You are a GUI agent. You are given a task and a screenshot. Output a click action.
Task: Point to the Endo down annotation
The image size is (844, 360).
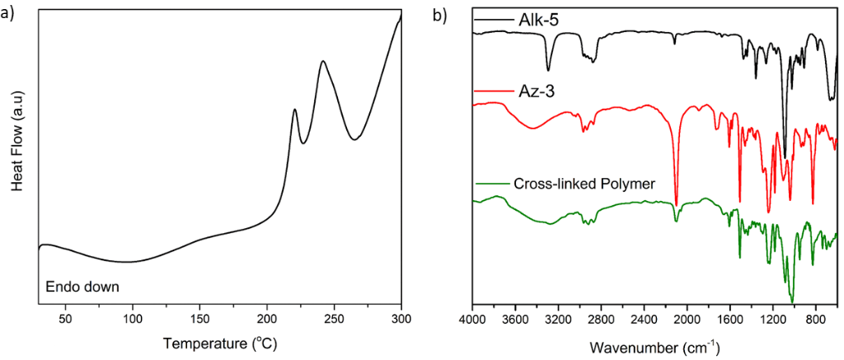(82, 288)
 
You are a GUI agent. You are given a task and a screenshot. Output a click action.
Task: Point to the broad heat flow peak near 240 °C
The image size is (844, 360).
(322, 62)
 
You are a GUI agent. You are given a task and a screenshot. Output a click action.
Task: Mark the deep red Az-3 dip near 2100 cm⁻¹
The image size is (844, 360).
(676, 203)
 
